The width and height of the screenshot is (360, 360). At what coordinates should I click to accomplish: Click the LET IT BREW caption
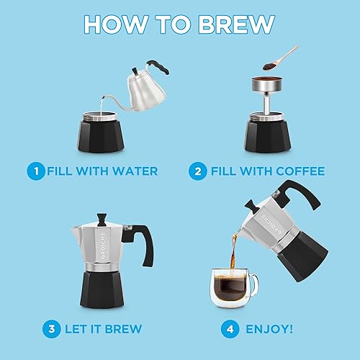pos(101,329)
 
